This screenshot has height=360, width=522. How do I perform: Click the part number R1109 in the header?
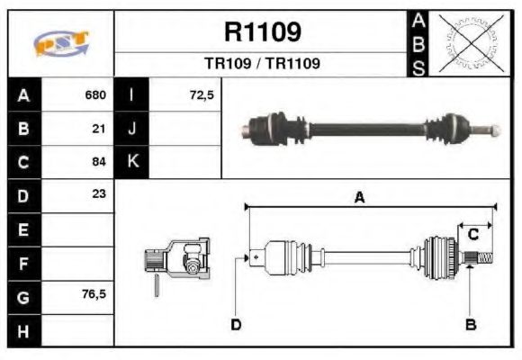click(262, 32)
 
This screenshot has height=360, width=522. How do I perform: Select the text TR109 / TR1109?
click(262, 64)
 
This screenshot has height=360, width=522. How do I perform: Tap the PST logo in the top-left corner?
click(60, 43)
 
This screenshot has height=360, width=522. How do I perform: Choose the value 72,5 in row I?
click(202, 94)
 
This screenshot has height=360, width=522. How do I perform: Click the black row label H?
click(23, 330)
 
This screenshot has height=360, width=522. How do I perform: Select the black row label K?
click(132, 162)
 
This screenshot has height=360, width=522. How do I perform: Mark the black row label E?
click(23, 229)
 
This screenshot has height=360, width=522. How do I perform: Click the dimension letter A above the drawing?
click(359, 199)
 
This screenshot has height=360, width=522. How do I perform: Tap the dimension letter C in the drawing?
click(472, 235)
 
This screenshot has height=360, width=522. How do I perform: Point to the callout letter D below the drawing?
click(236, 324)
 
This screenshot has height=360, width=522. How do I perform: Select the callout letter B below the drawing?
click(470, 324)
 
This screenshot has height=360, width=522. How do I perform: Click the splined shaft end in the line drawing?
click(481, 259)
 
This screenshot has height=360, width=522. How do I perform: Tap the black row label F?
click(23, 263)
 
